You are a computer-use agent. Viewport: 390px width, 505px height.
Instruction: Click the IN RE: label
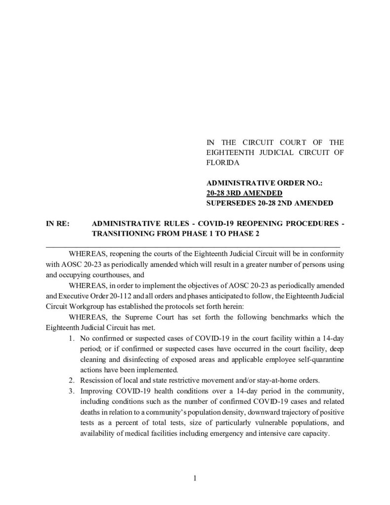pos(58,223)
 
